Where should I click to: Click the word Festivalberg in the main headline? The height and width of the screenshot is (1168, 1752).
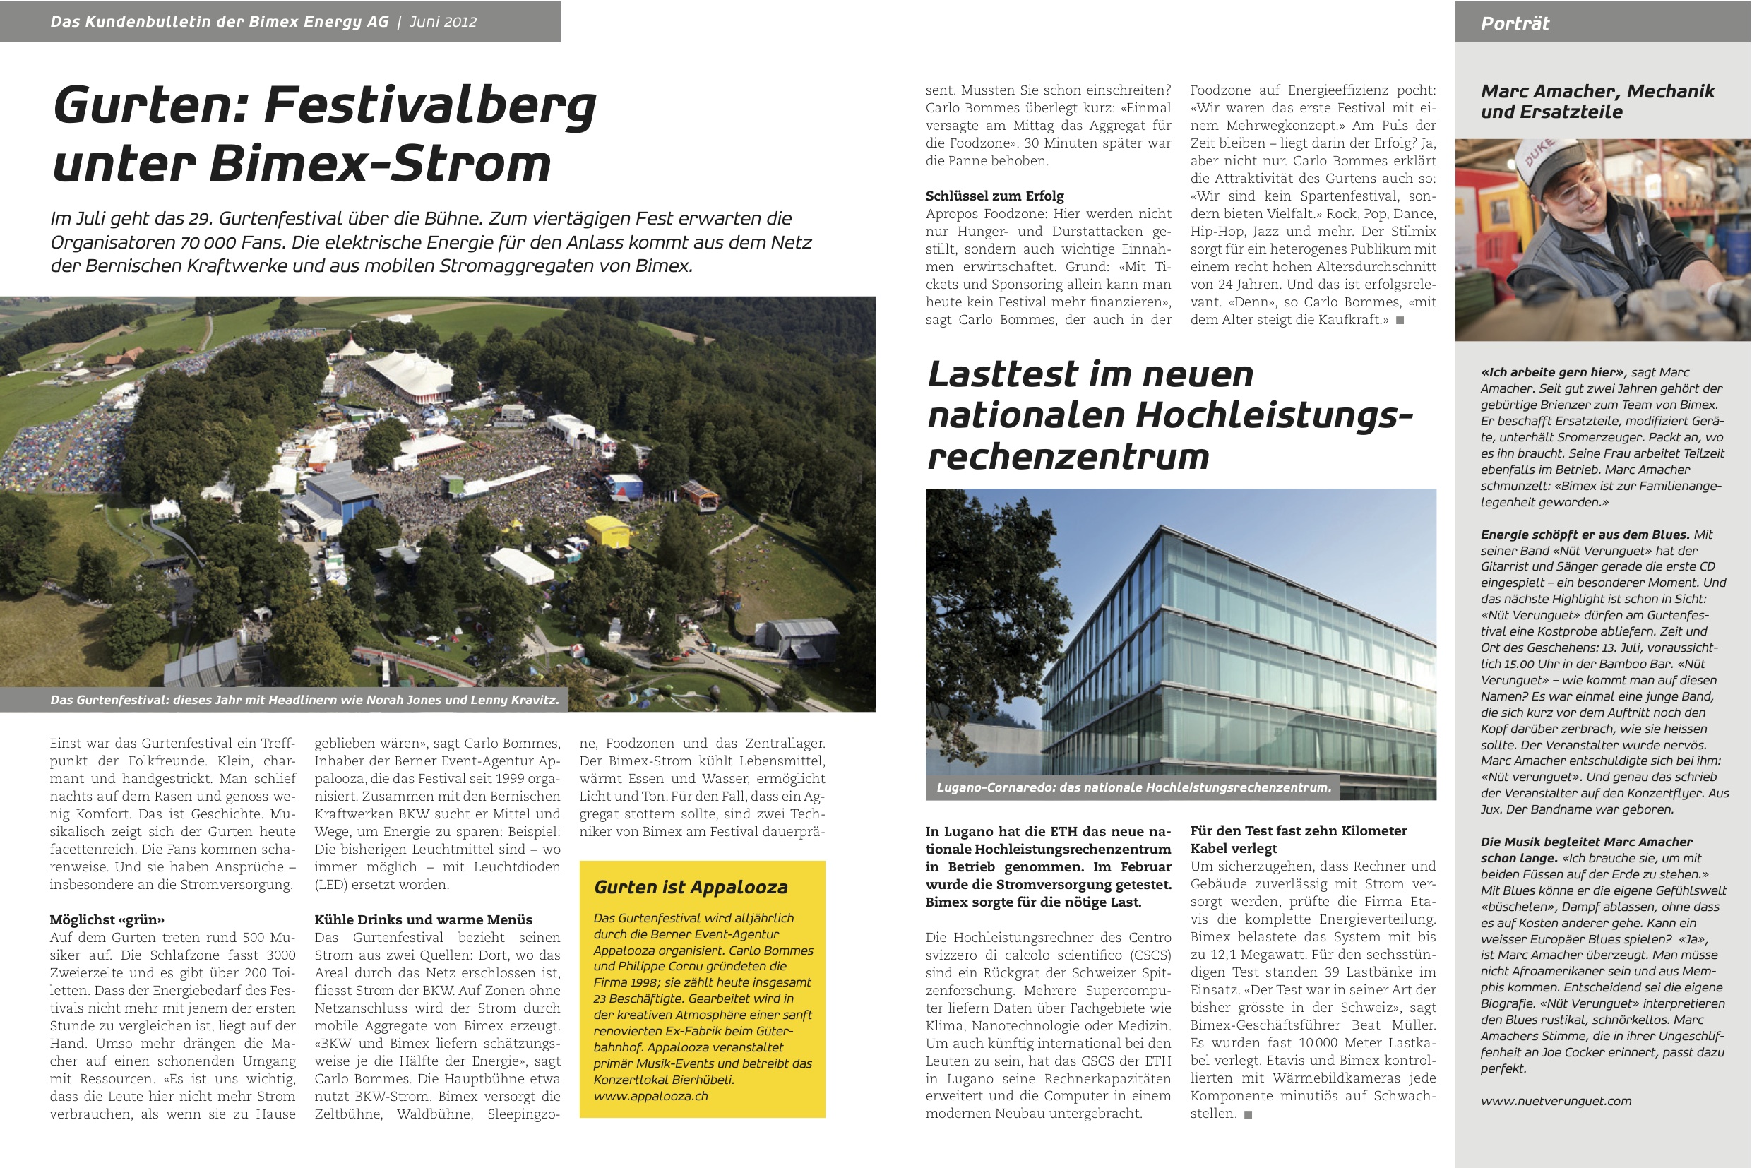point(430,105)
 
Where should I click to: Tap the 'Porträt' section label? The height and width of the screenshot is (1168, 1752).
point(1515,23)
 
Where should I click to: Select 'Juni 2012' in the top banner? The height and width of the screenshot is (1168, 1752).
point(443,22)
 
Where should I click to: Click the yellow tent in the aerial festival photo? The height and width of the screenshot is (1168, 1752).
point(608,530)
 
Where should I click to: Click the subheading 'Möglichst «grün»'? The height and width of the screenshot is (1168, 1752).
point(107,919)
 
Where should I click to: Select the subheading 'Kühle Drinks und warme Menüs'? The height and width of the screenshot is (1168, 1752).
point(423,919)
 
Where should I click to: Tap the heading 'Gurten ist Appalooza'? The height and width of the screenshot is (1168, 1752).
point(691,886)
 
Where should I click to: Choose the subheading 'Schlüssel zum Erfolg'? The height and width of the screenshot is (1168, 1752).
point(994,196)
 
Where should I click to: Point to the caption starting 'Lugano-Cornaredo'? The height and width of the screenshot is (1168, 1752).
point(1133,787)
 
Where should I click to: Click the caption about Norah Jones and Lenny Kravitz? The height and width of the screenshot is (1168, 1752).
point(304,700)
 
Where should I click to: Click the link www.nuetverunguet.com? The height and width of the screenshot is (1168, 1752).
point(1556,1100)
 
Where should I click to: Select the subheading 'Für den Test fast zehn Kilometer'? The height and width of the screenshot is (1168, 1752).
point(1298,830)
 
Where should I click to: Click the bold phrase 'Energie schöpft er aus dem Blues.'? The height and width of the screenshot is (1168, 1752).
point(1585,534)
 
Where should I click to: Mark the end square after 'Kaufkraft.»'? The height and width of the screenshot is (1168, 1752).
point(1400,321)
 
